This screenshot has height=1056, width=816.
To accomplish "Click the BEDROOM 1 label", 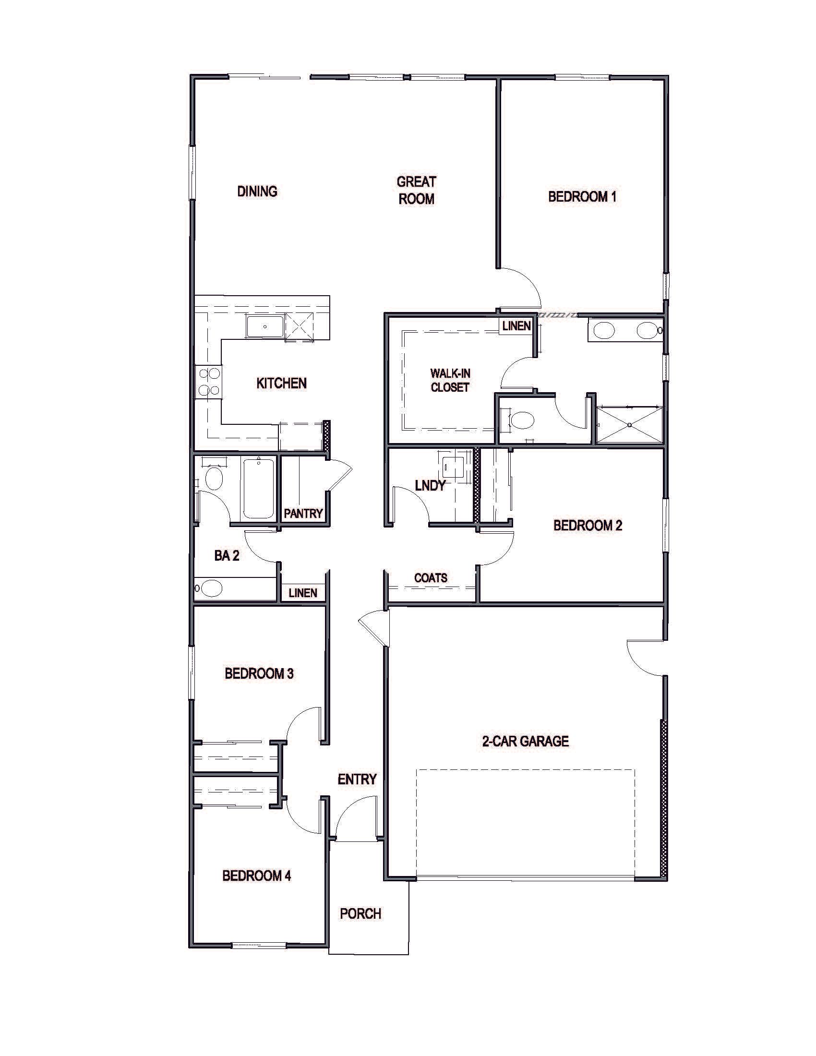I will click(x=582, y=197).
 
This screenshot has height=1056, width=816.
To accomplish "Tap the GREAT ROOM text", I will click(x=416, y=190).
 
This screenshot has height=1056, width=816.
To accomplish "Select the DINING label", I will click(x=257, y=192).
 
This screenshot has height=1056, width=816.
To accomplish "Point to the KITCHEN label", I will click(x=281, y=384).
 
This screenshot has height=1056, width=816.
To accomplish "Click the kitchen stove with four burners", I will click(x=208, y=382).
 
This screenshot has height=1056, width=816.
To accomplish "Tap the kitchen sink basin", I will click(x=265, y=326).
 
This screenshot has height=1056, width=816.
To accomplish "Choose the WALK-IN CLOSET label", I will click(x=450, y=380).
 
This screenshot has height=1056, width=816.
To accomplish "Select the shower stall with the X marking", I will click(x=629, y=424).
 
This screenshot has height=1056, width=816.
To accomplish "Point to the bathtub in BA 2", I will click(x=259, y=488).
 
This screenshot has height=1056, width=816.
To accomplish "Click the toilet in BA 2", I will click(x=213, y=478).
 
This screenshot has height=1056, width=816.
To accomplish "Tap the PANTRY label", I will click(x=303, y=514).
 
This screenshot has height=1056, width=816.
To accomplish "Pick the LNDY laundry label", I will click(x=430, y=485).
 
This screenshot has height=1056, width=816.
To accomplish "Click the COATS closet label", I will click(x=431, y=578).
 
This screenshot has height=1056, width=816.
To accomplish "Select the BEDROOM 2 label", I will click(x=588, y=526).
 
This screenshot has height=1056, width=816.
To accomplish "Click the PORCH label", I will click(x=360, y=914).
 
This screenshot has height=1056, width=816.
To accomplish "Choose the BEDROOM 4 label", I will click(x=257, y=876).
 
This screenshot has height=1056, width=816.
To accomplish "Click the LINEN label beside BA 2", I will click(x=303, y=593).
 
